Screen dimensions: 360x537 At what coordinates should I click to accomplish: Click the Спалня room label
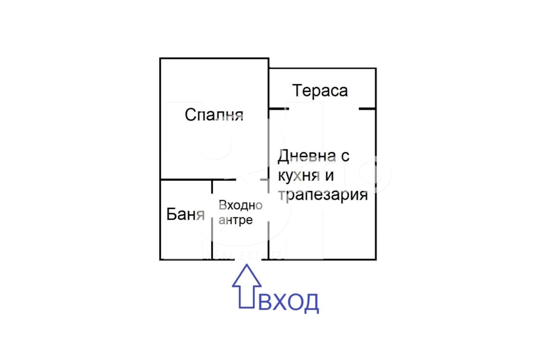coord(214,114)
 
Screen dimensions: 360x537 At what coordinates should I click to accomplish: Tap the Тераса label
coord(320,90)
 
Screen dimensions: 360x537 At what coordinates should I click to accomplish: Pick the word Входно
coord(240,205)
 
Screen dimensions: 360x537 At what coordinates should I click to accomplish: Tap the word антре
coord(235,220)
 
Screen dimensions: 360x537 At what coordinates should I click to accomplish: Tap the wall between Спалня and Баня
coord(186,179)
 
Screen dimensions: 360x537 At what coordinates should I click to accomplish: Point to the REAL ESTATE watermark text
coord(243,256)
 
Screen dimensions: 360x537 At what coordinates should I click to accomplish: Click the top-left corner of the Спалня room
coord(160,58)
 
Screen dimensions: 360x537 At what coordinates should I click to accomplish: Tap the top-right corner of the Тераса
coord(376,69)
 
